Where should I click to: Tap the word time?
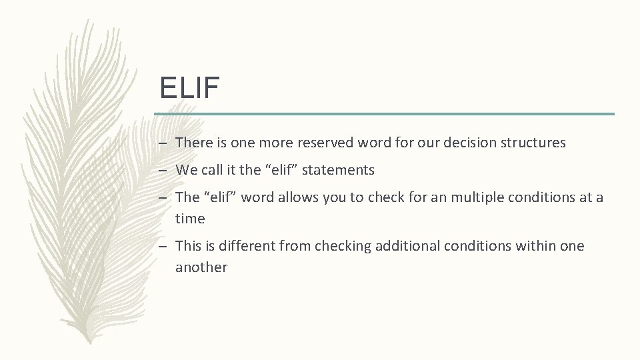coord(190,219)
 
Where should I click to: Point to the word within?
coord(533,246)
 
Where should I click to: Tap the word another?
coord(201,267)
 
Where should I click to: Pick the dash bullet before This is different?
coord(163,247)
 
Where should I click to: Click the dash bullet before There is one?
coord(163,143)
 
